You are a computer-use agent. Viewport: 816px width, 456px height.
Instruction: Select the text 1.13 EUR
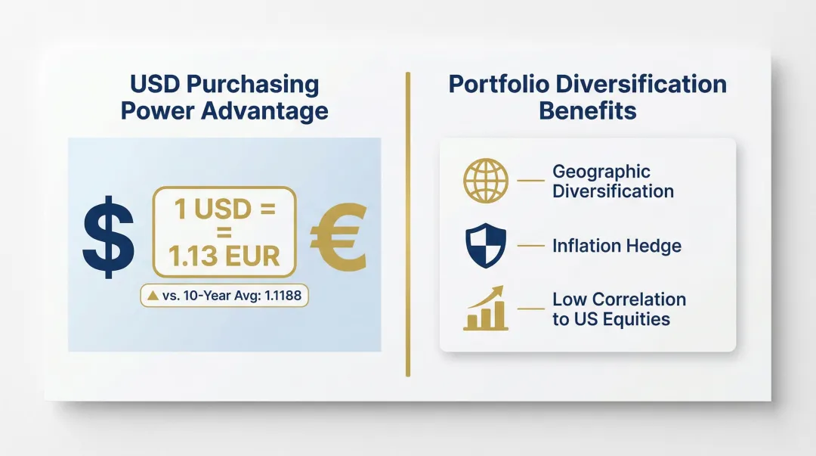point(225,256)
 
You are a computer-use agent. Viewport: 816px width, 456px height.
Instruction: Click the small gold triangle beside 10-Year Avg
point(154,296)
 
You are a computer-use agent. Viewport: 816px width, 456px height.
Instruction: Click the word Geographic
point(601,172)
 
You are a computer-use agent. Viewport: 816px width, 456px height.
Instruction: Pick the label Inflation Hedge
point(617,246)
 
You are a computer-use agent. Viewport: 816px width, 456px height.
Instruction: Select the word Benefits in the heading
point(587,111)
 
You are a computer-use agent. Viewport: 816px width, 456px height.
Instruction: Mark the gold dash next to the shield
point(530,246)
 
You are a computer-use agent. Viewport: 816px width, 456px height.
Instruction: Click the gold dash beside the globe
point(530,181)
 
